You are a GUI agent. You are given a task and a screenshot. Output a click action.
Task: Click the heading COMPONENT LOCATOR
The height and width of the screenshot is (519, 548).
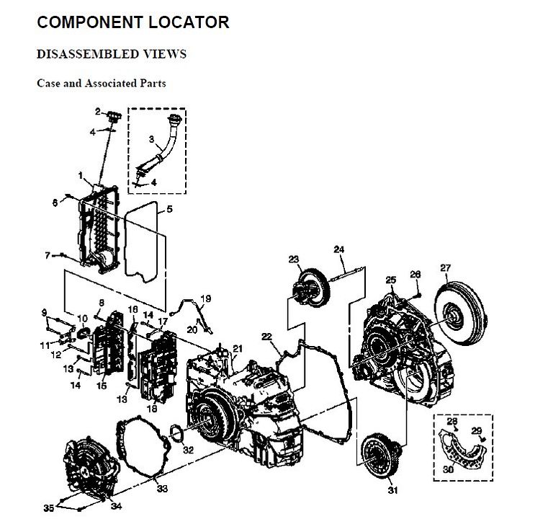coord(133,22)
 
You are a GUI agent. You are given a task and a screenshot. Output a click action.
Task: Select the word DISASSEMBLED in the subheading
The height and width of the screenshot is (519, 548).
coord(78,55)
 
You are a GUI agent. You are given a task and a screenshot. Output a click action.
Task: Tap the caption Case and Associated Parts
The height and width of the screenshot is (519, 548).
coord(102,83)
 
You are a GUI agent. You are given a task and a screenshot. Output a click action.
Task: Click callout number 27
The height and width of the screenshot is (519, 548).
coord(445,268)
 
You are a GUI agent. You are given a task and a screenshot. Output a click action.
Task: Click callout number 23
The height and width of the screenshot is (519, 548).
coord(294,259)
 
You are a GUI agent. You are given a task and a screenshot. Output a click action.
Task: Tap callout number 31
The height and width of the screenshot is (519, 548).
coord(392,490)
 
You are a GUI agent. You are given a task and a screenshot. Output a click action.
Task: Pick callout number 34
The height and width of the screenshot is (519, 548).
coord(116,505)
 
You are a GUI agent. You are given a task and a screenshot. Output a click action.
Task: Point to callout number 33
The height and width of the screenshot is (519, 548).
coord(162,489)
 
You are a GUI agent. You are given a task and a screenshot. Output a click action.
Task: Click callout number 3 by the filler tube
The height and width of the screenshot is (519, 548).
coord(152,138)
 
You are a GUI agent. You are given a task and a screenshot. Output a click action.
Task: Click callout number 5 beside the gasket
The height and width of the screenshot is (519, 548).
coord(169,210)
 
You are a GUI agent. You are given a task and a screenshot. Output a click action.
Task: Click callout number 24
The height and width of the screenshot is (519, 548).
coord(338,249)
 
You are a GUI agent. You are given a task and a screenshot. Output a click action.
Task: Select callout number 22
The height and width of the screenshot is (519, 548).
coord(266,337)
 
